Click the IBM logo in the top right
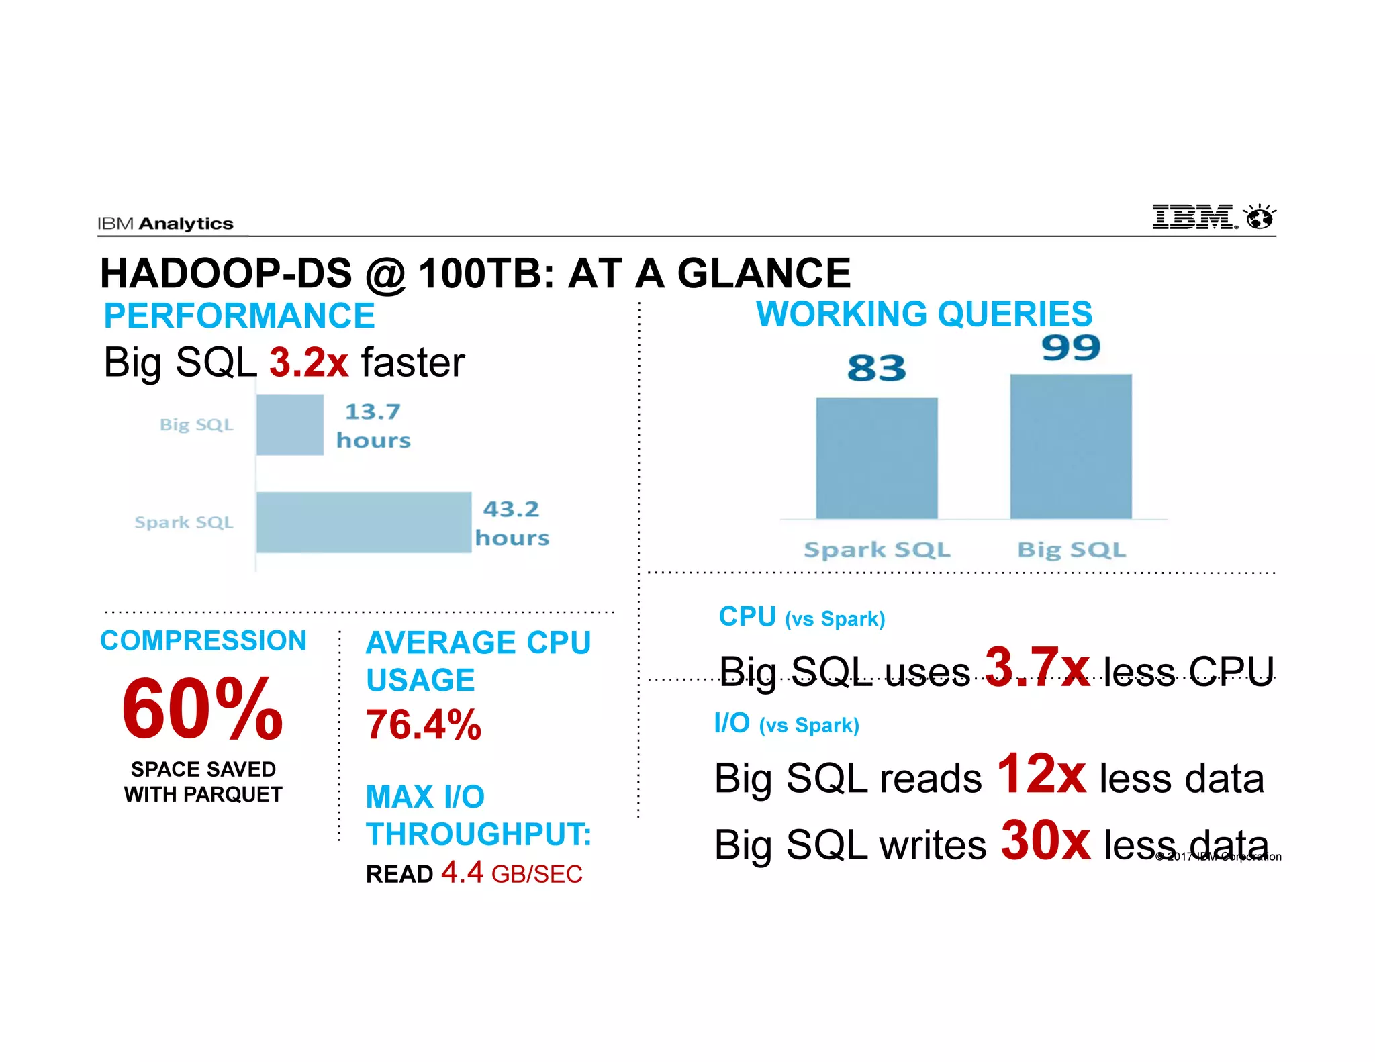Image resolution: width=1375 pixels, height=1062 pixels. [1194, 218]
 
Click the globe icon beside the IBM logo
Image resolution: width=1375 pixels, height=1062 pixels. [1260, 218]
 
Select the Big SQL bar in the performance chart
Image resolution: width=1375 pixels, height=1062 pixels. [290, 425]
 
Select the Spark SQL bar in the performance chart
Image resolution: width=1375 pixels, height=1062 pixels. [364, 522]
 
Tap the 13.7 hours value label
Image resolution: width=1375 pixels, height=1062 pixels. [373, 426]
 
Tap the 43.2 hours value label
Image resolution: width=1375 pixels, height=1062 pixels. [512, 523]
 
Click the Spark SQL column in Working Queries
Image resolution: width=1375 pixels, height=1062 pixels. [876, 458]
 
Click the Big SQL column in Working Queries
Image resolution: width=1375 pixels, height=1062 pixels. [1071, 446]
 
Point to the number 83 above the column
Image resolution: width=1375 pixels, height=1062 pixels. [876, 368]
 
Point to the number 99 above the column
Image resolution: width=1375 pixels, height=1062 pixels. [1071, 348]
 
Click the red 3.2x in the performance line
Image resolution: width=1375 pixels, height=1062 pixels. [309, 363]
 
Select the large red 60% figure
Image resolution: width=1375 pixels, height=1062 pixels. [202, 709]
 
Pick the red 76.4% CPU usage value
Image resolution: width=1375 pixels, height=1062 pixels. [424, 725]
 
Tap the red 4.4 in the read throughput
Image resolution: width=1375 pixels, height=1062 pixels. [462, 872]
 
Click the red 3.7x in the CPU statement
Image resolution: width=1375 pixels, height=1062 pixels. [1037, 667]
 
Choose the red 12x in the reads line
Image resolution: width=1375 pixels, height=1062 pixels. [1041, 774]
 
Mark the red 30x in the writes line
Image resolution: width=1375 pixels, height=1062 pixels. [1045, 840]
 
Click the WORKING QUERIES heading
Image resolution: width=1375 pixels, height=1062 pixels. [924, 314]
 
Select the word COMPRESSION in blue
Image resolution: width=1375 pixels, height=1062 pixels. [203, 640]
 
